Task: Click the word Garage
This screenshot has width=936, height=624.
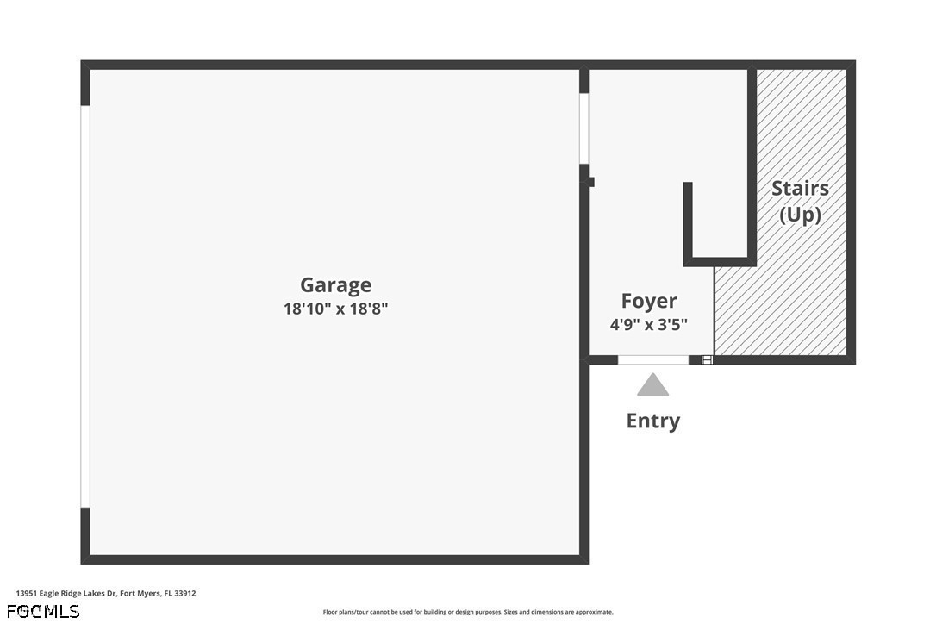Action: coord(335,284)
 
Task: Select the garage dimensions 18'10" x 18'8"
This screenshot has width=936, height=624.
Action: coord(335,309)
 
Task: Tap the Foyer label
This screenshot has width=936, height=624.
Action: coord(649,301)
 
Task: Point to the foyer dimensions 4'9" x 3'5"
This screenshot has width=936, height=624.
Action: coord(649,324)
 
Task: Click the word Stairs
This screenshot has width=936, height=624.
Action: coord(800,188)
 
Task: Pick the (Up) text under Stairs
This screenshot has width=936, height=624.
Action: coord(800,215)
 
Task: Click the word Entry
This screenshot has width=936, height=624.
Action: coord(653,421)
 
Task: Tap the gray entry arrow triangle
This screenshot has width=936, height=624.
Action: coord(653,385)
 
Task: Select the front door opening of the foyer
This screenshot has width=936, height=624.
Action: coord(653,359)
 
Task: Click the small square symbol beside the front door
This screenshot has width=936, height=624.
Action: coord(707,359)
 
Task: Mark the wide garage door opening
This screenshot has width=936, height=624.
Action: coord(85,306)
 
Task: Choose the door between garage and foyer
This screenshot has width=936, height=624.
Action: coord(583,128)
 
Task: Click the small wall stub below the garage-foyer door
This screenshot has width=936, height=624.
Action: coord(591,182)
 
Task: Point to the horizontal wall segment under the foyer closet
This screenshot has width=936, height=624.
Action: coord(720,261)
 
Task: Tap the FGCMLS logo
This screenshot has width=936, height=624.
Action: coord(43,611)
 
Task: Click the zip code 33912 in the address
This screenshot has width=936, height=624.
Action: coord(185,594)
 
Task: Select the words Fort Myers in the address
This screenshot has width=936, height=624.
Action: coord(140,594)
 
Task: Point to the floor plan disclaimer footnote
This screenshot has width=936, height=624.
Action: coord(468,612)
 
